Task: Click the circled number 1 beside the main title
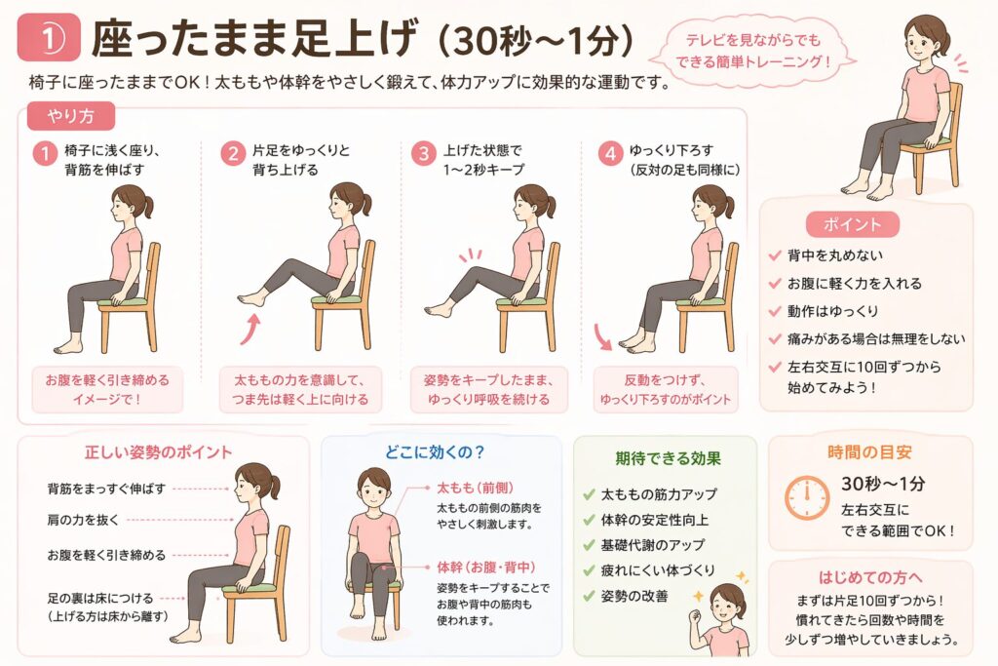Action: click(49, 39)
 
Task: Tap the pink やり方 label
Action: click(70, 116)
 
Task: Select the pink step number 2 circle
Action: click(233, 153)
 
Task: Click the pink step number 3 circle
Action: click(423, 153)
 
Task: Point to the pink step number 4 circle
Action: click(610, 153)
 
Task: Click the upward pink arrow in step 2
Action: click(251, 329)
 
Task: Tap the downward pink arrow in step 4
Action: click(601, 337)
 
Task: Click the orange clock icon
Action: click(806, 497)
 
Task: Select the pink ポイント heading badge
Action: click(852, 224)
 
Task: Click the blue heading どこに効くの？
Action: click(435, 452)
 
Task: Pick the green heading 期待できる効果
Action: click(668, 458)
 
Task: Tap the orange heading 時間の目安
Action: click(869, 452)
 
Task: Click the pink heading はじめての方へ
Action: click(870, 577)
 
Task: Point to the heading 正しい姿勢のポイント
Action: click(159, 452)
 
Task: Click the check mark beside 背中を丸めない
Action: click(775, 255)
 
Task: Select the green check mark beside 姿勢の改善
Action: click(589, 597)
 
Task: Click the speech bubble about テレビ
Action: click(753, 51)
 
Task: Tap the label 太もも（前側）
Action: click(475, 488)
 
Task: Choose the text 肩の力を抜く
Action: click(83, 520)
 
